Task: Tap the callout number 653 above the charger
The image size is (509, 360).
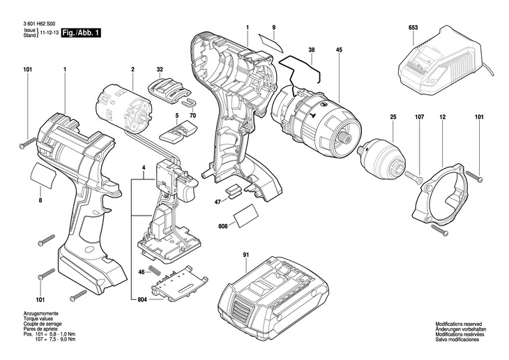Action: tap(413, 29)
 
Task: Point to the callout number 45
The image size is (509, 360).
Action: tap(338, 50)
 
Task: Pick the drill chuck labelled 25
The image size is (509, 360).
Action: tap(384, 157)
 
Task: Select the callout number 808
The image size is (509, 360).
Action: tap(223, 227)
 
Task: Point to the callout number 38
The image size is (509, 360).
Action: tap(312, 50)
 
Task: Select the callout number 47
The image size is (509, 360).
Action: tap(218, 202)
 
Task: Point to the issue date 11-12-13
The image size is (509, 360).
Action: tap(49, 33)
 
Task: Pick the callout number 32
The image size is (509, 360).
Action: tap(160, 70)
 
